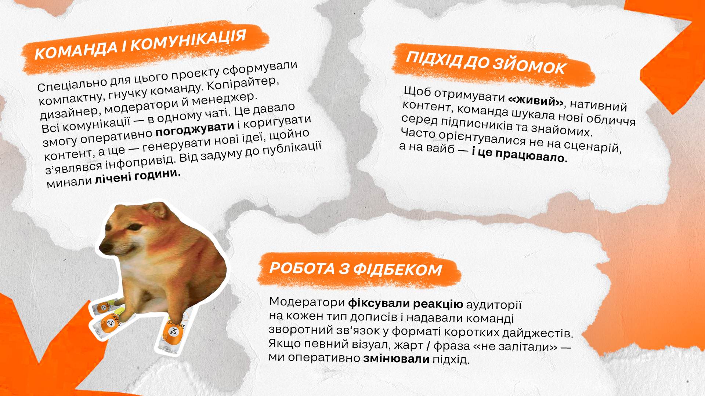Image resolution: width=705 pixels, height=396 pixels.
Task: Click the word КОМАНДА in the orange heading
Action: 76,50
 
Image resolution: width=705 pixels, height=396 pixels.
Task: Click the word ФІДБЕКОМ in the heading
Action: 398,270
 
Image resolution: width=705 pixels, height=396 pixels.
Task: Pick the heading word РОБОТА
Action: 302,268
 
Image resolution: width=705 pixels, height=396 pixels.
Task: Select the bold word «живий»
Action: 536,100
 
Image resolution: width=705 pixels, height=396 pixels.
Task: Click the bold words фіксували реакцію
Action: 405,304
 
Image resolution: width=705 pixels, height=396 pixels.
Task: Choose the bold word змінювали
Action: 396,358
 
